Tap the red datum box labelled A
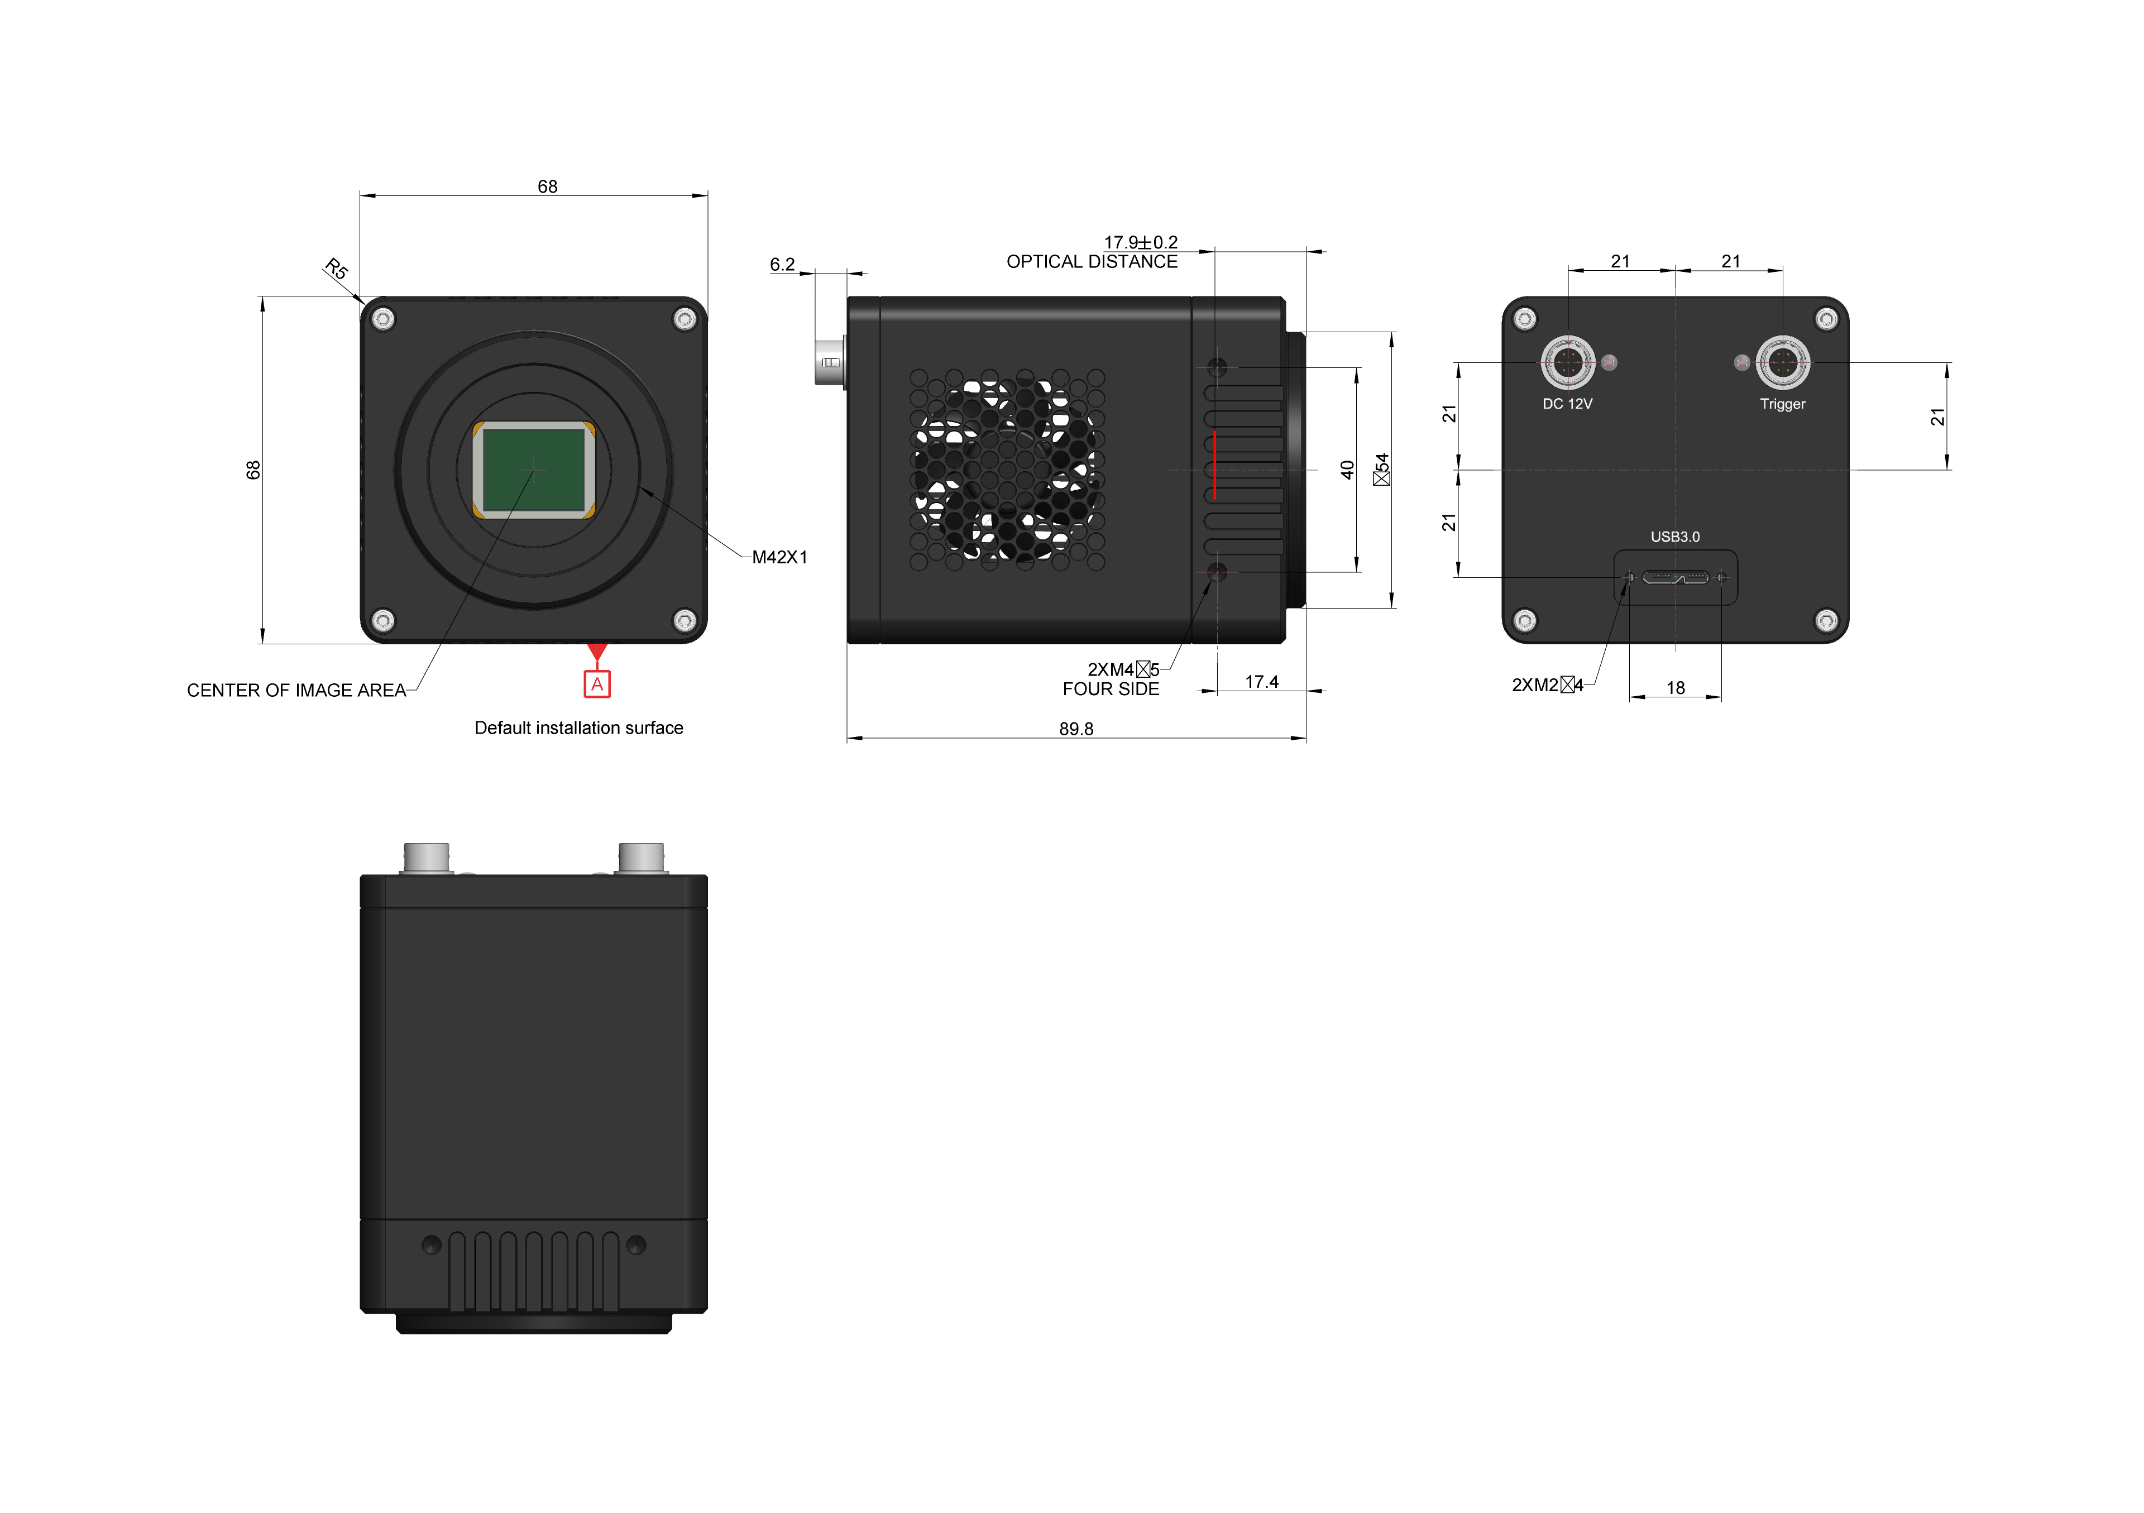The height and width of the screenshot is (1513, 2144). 597,684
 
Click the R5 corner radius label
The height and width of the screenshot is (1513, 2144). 336,269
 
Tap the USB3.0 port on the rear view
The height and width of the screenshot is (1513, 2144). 1675,577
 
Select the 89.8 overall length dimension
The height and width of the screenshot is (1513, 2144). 1076,729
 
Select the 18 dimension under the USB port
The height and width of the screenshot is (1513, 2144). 1675,687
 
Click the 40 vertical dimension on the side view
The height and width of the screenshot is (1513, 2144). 1347,469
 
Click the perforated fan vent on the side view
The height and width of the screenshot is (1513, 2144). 1007,469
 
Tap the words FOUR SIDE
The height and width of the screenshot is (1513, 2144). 1111,690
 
